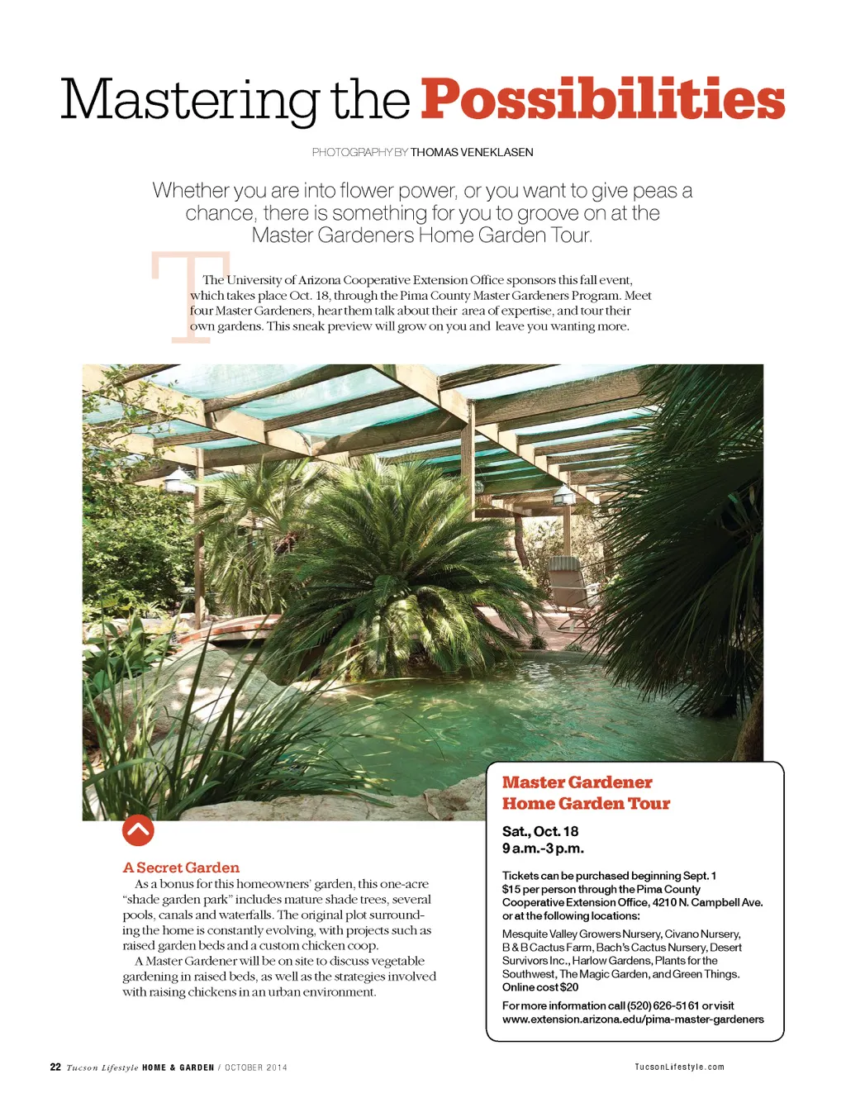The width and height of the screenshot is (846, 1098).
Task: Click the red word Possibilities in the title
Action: pyautogui.click(x=602, y=101)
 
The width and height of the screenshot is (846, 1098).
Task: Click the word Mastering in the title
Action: pyautogui.click(x=189, y=101)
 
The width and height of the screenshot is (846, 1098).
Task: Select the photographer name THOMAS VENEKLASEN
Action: pyautogui.click(x=472, y=152)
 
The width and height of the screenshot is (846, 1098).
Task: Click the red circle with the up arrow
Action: pyautogui.click(x=138, y=830)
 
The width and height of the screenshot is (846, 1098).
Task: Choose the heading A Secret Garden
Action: pyautogui.click(x=181, y=867)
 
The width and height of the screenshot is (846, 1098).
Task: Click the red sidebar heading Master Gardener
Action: pyautogui.click(x=577, y=782)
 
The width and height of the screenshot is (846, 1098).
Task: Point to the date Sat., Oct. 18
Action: pyautogui.click(x=540, y=831)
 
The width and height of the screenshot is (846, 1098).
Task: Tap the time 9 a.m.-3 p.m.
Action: pyautogui.click(x=543, y=848)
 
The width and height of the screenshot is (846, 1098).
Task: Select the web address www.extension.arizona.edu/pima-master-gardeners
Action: pyautogui.click(x=633, y=1020)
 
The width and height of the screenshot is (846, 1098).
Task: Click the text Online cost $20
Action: pyautogui.click(x=540, y=987)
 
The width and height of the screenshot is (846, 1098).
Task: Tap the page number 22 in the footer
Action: pyautogui.click(x=55, y=1067)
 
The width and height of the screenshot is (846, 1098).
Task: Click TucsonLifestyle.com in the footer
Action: pyautogui.click(x=679, y=1067)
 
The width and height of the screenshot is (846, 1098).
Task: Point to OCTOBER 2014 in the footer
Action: pyautogui.click(x=256, y=1067)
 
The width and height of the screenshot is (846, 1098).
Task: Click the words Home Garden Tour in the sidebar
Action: pyautogui.click(x=586, y=803)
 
